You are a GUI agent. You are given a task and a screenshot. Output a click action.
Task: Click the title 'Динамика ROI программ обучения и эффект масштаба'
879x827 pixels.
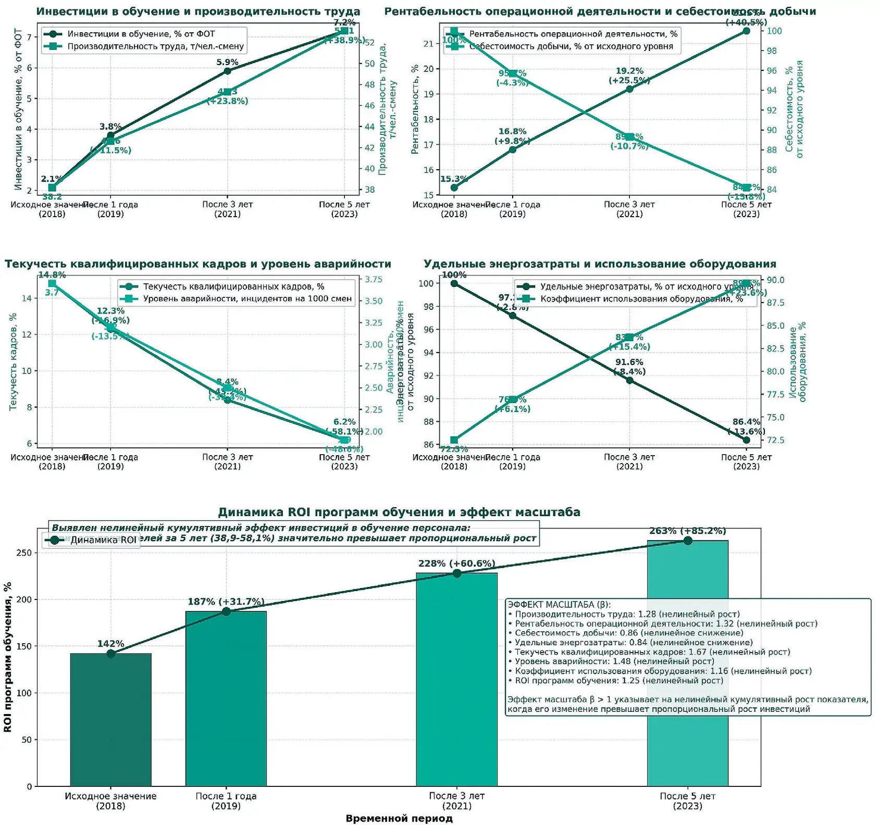point(399,512)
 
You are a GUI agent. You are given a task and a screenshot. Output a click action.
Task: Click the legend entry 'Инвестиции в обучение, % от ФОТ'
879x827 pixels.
point(141,34)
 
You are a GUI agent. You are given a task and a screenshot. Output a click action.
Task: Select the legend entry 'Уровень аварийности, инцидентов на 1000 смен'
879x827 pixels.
point(247,299)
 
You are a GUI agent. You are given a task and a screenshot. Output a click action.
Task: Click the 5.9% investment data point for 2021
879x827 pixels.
point(227,71)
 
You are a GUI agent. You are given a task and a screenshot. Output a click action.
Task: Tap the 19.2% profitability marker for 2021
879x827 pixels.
point(629,89)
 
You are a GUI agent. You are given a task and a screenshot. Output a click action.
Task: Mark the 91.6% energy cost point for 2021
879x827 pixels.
point(629,380)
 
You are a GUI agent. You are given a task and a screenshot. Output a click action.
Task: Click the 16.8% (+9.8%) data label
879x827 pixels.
point(512,136)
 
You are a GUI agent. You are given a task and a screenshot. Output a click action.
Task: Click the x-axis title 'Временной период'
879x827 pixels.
point(399,818)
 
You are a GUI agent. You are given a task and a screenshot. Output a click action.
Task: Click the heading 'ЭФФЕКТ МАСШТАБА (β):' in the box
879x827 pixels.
point(559,605)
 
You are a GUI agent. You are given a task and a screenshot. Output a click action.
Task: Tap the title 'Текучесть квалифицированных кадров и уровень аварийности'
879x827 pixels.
point(198,264)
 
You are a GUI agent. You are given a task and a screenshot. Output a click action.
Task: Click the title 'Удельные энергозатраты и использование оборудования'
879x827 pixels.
point(600,264)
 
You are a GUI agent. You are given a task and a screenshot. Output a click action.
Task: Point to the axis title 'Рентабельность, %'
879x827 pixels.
point(415,109)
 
